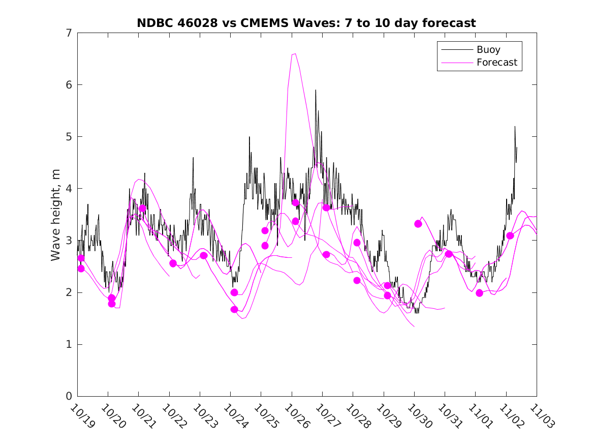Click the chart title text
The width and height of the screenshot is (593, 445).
pos(306,23)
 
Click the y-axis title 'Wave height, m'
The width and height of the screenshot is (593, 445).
pos(56,215)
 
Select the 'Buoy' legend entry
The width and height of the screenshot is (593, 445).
pos(488,50)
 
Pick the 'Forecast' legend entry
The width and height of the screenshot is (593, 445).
pos(496,63)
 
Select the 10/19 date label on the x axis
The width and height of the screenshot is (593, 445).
pos(81,416)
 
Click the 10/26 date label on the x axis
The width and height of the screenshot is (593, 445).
pos(296,416)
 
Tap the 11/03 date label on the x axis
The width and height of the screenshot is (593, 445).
pos(541,416)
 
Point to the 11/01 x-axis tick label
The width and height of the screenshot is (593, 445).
pos(480,416)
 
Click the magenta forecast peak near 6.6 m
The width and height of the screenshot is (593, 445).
pos(294,53)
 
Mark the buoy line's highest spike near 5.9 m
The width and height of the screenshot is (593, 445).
pos(316,91)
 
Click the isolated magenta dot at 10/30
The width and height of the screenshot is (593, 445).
pos(418,224)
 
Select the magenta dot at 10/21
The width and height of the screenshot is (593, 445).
pos(142,209)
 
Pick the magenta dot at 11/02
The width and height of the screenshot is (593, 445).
pos(510,235)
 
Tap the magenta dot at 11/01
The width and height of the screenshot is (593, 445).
pos(479,293)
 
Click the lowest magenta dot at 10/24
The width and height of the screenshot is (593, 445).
pos(234,309)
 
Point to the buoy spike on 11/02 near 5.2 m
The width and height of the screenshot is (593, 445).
pos(515,127)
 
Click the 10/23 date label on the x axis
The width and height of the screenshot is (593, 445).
pos(204,416)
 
